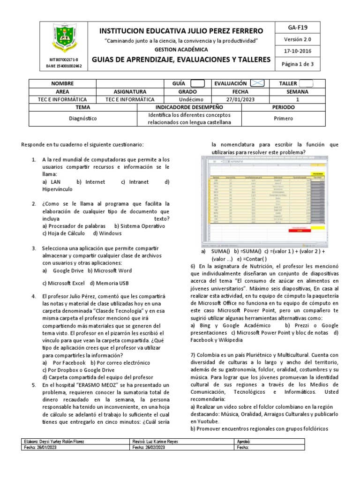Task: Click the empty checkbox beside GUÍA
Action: pos(197,83)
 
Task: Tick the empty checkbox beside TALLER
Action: pos(306,83)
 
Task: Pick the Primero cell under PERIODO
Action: pos(283,119)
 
